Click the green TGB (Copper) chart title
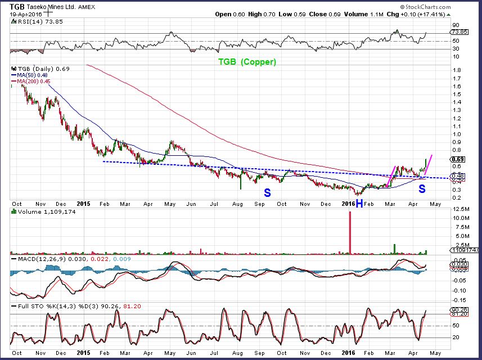[247, 62]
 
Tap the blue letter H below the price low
[358, 203]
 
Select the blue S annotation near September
[268, 192]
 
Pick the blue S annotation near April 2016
[421, 190]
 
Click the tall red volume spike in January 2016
[350, 233]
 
